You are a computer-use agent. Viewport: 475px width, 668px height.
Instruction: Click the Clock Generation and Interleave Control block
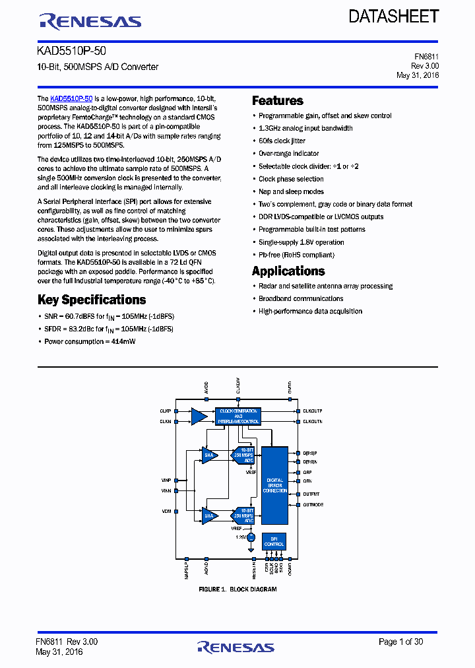tap(238, 416)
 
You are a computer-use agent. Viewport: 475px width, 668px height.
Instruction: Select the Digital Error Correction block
tap(274, 485)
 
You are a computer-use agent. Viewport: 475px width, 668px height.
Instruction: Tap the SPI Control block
tap(274, 541)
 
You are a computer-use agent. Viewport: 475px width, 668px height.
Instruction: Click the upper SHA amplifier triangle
tap(210, 455)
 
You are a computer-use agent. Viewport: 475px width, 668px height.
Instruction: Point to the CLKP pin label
tap(165, 411)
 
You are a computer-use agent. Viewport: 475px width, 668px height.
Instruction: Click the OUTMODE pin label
tap(313, 504)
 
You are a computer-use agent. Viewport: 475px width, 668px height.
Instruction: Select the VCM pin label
tap(166, 511)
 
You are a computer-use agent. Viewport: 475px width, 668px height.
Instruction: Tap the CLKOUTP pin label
tap(312, 411)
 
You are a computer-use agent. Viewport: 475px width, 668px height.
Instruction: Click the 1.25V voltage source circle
tap(251, 539)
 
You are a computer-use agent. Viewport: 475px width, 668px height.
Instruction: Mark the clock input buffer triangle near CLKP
tap(199, 416)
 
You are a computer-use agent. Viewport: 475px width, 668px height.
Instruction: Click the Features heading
tap(278, 101)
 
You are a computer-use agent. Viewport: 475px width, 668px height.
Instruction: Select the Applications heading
tap(288, 271)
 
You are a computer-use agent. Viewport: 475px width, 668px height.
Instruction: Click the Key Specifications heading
tap(92, 300)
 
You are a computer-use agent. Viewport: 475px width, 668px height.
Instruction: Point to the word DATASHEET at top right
tap(394, 17)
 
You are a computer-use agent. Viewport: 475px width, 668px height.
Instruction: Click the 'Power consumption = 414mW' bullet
tap(90, 341)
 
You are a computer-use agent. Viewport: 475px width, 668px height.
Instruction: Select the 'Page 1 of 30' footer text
tap(401, 642)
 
